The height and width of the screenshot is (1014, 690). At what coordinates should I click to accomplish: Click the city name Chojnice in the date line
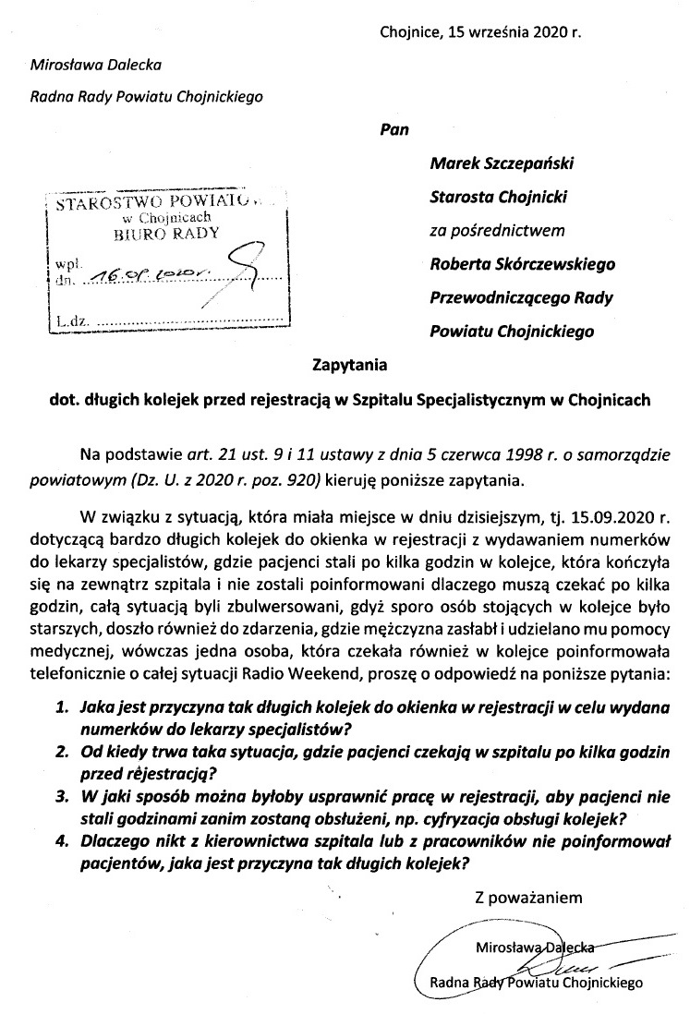(x=410, y=32)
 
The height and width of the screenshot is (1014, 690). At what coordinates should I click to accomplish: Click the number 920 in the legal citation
(x=303, y=479)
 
